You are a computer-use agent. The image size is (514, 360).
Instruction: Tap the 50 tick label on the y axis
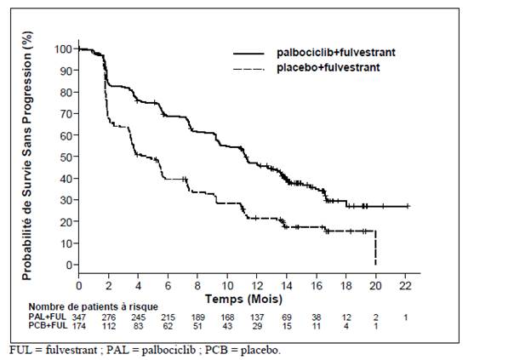point(66,157)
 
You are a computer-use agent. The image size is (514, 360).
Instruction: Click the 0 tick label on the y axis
point(69,265)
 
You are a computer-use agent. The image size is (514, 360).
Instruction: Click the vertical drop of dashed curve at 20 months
point(375,248)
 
